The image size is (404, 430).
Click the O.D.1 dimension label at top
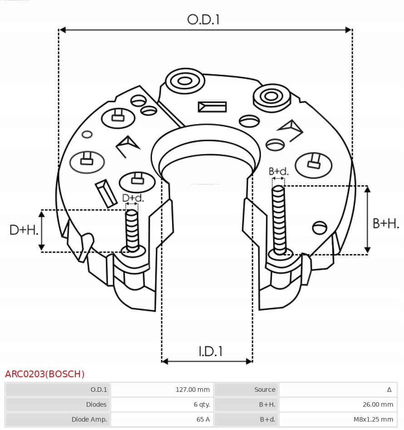(203, 20)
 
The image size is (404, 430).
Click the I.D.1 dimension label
(210, 351)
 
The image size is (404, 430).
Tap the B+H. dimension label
(386, 223)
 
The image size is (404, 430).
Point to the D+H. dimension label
(24, 230)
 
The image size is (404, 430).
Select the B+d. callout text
(278, 171)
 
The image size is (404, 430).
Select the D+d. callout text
(133, 198)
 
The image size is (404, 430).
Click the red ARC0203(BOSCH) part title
(44, 374)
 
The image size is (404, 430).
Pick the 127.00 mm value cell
(192, 390)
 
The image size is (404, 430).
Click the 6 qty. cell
(202, 405)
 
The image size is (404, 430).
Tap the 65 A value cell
(203, 420)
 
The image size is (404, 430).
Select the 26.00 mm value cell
(378, 405)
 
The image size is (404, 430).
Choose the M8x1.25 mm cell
(373, 420)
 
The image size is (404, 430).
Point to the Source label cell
(265, 390)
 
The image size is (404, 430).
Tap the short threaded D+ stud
(133, 230)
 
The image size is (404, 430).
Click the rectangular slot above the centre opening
(212, 107)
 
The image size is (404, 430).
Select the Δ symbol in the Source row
(389, 390)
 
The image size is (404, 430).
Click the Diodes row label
(96, 405)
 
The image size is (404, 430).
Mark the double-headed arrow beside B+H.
(368, 220)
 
